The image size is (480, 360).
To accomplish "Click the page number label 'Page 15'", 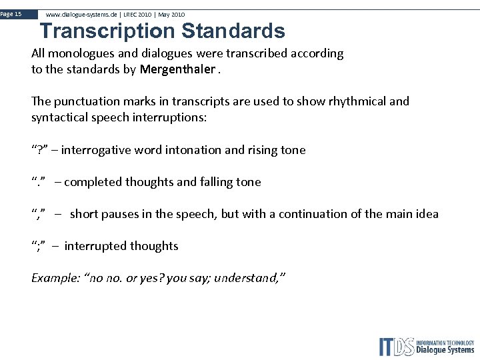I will pyautogui.click(x=11, y=14).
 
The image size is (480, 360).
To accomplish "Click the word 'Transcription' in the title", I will pyautogui.click(x=107, y=31).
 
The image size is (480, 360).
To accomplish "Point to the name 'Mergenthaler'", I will pyautogui.click(x=178, y=69).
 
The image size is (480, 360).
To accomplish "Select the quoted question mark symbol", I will pyautogui.click(x=39, y=150).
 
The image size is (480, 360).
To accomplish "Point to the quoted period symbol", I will pyautogui.click(x=39, y=182).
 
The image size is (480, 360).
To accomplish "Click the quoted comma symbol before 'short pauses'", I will pyautogui.click(x=39, y=214).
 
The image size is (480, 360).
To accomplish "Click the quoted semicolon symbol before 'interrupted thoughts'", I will pyautogui.click(x=39, y=246).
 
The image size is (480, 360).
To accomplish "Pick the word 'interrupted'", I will pyautogui.click(x=95, y=246).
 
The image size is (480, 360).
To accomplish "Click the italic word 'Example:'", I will pyautogui.click(x=55, y=278).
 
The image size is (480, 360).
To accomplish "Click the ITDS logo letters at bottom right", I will pyautogui.click(x=397, y=347).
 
